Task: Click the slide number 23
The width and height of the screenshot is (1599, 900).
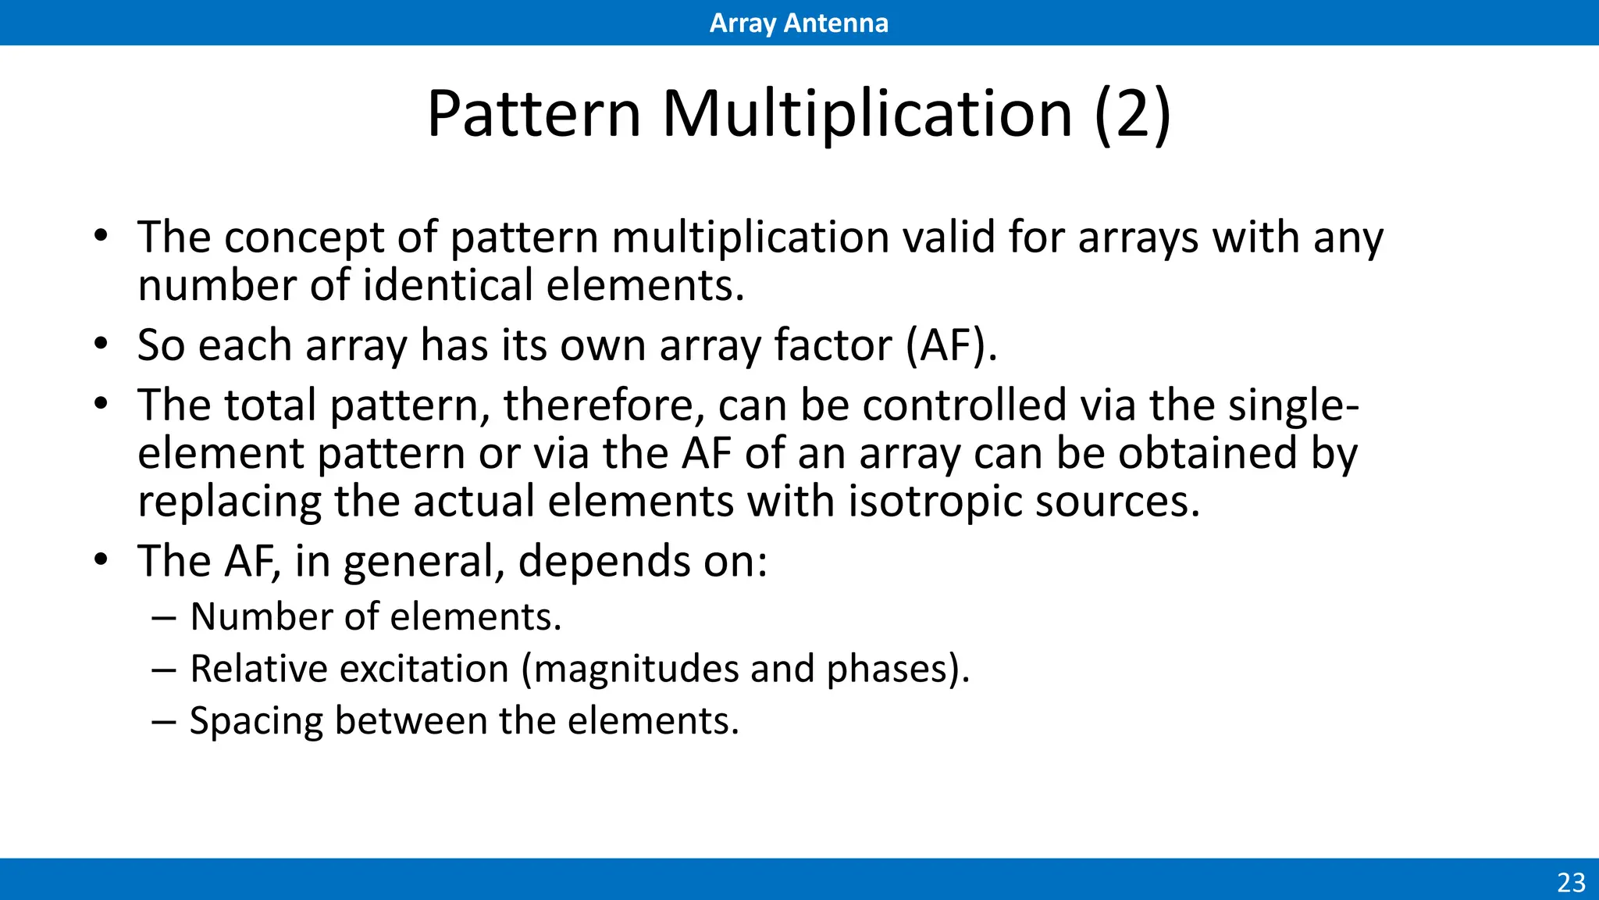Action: [x=1571, y=882]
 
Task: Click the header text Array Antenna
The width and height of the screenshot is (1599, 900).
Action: [x=799, y=23]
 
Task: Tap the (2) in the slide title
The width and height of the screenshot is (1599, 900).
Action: [x=1132, y=114]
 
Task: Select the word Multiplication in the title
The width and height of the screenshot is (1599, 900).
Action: [x=867, y=114]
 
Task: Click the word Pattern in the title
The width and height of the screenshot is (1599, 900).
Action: [x=534, y=114]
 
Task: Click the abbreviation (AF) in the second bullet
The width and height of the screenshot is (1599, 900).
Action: [x=951, y=345]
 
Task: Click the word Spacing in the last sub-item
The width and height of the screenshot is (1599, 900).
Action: [x=255, y=721]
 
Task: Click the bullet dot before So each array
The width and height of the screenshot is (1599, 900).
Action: [x=100, y=345]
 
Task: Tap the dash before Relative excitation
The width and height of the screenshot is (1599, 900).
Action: [x=164, y=670]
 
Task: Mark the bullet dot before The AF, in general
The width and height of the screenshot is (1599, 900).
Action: [x=100, y=560]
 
